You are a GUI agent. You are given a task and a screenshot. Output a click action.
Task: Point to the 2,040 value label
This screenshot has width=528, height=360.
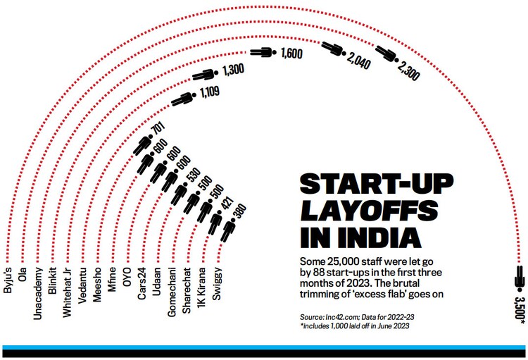358,59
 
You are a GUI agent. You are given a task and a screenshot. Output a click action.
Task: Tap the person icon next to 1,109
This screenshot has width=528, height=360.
182,99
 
